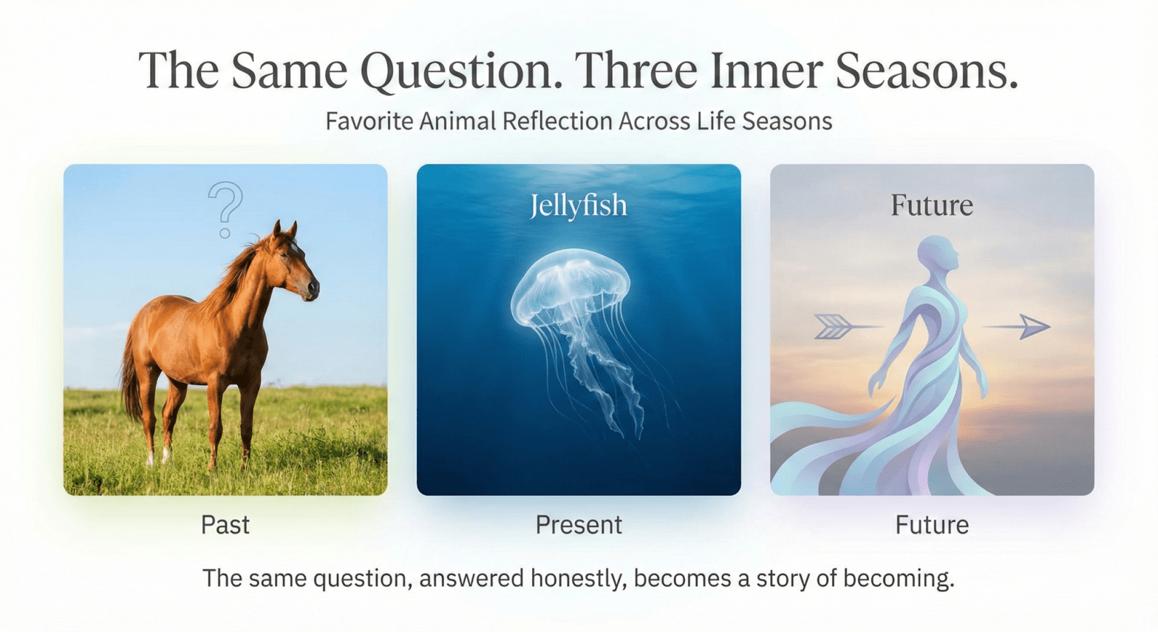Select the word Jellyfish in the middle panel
578,205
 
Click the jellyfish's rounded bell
570,285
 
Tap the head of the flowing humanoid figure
938,254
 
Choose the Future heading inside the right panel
931,205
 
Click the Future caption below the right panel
931,525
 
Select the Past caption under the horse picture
225,525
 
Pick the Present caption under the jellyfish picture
578,525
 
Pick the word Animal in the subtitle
458,121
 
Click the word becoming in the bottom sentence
898,578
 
